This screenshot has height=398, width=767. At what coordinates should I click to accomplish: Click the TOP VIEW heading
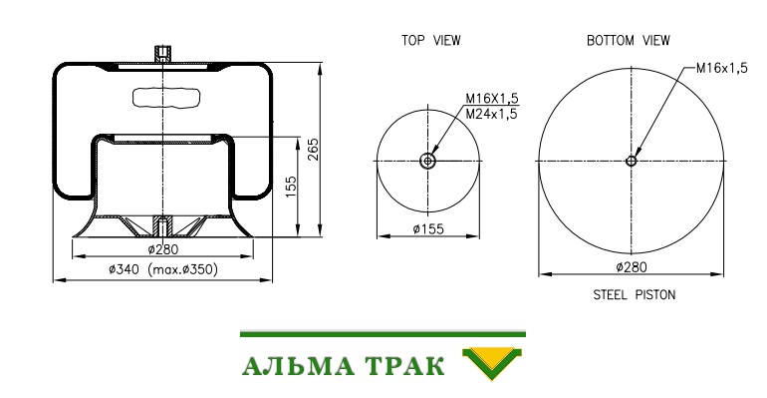pyautogui.click(x=431, y=40)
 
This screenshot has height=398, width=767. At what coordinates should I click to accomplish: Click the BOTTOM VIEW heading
pyautogui.click(x=629, y=40)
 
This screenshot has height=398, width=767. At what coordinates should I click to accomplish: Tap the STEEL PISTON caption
pyautogui.click(x=634, y=294)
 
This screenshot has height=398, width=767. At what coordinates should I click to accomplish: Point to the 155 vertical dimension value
pyautogui.click(x=291, y=187)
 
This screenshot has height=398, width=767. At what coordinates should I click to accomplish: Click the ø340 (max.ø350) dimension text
pyautogui.click(x=163, y=268)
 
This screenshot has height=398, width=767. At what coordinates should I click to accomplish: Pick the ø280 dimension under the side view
pyautogui.click(x=163, y=249)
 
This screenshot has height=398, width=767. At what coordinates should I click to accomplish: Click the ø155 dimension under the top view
pyautogui.click(x=428, y=228)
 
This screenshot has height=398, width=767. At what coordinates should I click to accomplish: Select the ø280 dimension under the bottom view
pyautogui.click(x=631, y=266)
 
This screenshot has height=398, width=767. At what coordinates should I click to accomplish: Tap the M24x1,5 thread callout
pyautogui.click(x=491, y=114)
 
